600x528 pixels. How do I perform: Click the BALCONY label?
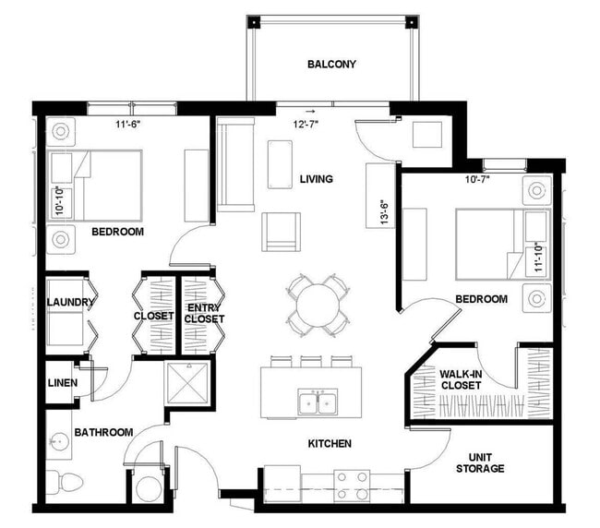[x=331, y=64]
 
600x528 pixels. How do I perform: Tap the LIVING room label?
[x=316, y=178]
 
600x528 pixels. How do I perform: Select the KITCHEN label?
[x=330, y=443]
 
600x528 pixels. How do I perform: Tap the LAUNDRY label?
[x=66, y=302]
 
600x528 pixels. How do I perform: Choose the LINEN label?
[x=63, y=382]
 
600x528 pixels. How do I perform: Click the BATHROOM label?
[x=103, y=431]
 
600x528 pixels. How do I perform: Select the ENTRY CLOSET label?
[x=204, y=314]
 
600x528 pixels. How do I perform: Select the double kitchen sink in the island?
[x=317, y=401]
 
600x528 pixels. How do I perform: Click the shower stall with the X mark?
[x=187, y=379]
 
